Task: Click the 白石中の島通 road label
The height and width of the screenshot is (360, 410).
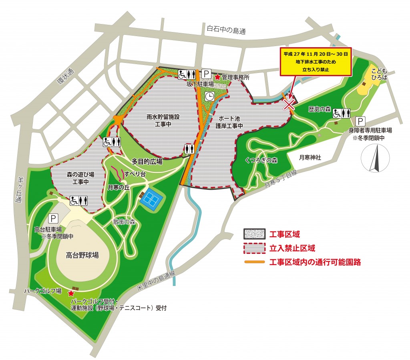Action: coord(225,29)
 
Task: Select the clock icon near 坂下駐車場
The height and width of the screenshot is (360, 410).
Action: coord(209,96)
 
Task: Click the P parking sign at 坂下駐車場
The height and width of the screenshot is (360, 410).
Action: coord(206,74)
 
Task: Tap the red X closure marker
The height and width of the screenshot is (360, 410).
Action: coord(289,105)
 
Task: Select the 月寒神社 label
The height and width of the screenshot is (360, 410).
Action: coord(310,158)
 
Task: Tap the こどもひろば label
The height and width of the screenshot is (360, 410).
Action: coord(379,74)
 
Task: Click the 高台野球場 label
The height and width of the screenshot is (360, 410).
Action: coord(82,255)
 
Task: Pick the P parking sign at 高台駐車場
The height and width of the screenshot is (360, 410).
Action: coord(53,218)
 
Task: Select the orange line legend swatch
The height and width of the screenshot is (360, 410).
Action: coord(254,262)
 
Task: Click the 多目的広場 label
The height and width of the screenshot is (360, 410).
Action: coord(147,161)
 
